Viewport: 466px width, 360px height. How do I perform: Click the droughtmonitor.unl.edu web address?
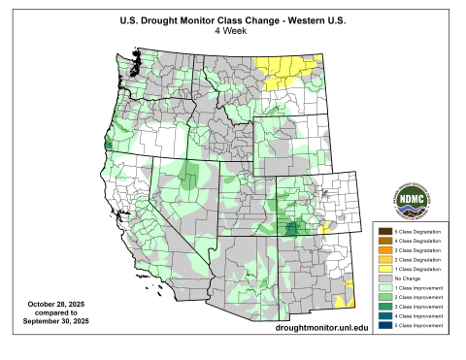309,331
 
